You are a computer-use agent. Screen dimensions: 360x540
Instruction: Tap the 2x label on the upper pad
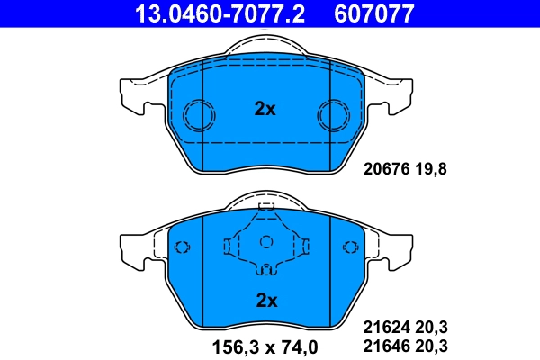265,109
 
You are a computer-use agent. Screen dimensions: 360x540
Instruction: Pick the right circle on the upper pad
333,114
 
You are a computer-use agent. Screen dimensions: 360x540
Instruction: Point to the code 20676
385,166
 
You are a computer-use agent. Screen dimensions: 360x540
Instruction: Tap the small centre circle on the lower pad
265,241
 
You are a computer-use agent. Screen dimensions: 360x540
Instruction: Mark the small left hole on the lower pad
183,248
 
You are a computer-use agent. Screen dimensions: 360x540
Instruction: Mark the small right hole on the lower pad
349,248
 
